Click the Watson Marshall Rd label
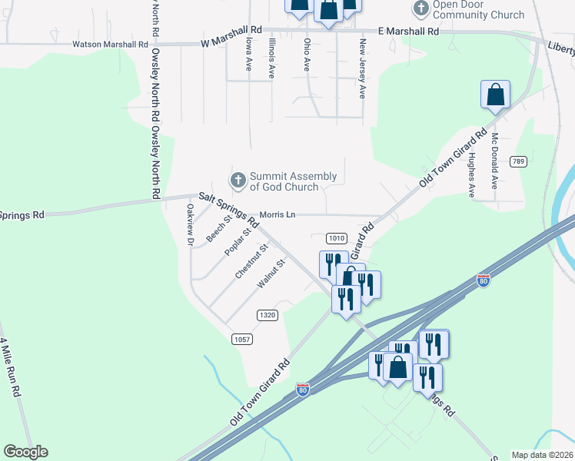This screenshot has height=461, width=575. (110, 45)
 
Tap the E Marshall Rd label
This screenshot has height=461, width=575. (408, 32)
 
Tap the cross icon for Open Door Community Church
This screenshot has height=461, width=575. (420, 8)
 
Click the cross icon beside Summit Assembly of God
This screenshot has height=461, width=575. (238, 181)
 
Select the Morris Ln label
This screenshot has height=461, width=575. (278, 214)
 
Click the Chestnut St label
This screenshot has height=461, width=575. (251, 261)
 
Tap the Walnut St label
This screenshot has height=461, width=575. (271, 274)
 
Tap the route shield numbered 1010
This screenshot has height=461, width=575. (337, 237)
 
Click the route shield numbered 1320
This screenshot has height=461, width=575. (268, 315)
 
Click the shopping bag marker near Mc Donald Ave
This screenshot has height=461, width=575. (496, 95)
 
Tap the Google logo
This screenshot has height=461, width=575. (25, 452)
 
